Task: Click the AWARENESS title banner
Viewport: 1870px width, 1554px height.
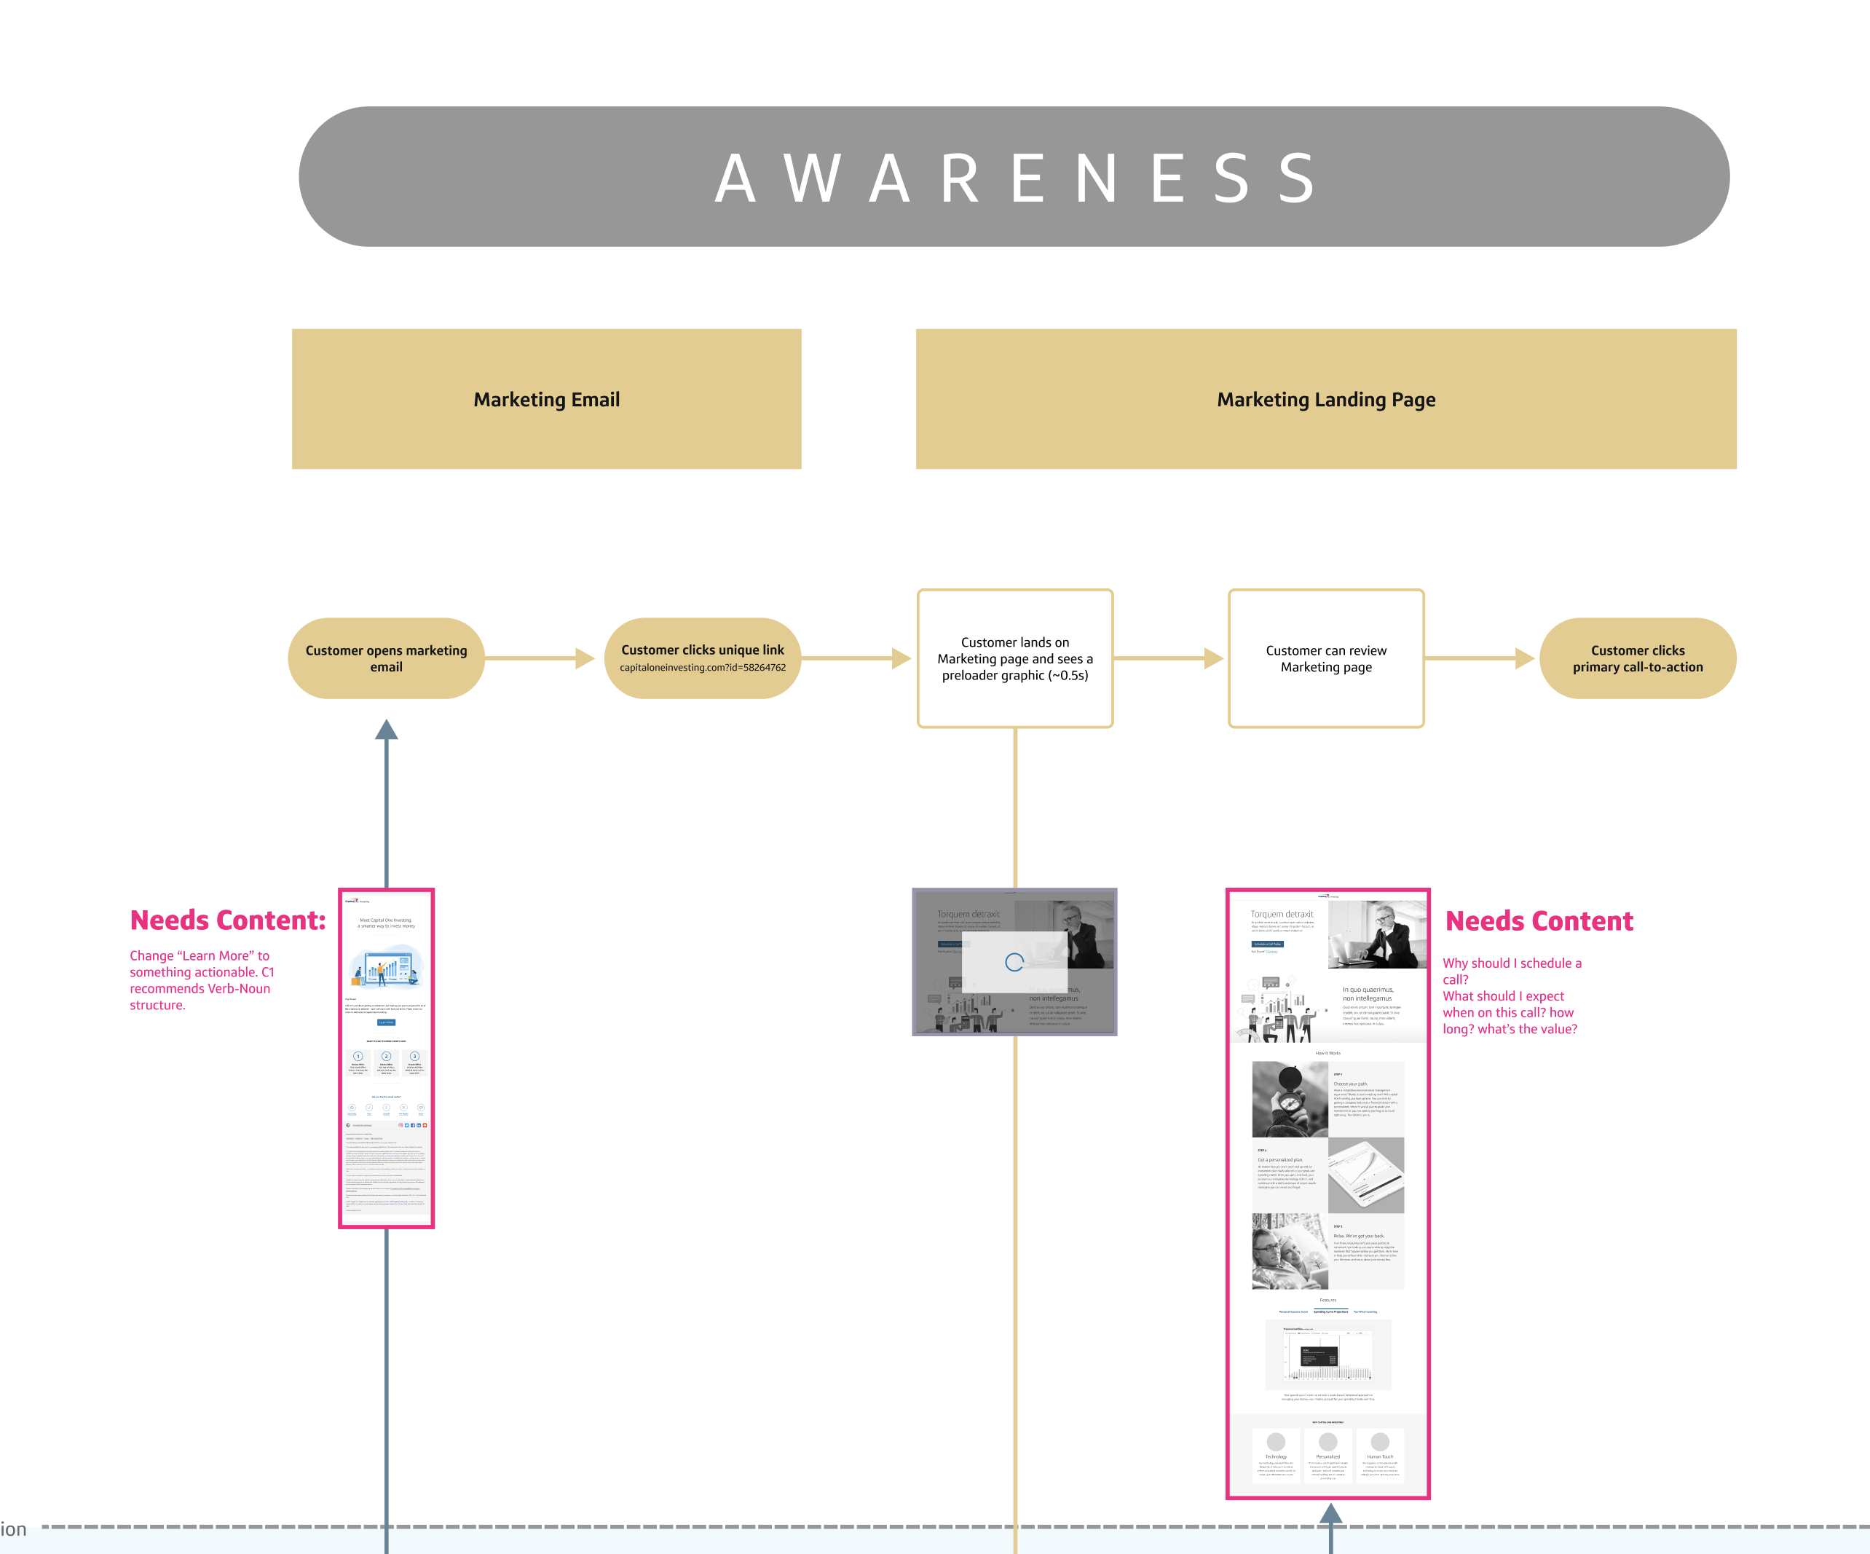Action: [1014, 176]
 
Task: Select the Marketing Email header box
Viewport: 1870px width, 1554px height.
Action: [546, 399]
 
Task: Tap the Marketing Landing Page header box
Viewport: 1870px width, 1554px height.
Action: [1325, 399]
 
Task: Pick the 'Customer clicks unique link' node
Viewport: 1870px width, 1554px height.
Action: [702, 650]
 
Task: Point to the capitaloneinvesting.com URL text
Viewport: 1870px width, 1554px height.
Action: [702, 668]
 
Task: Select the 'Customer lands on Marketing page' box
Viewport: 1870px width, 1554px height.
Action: [1014, 658]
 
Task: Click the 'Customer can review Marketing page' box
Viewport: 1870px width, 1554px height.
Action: [1325, 658]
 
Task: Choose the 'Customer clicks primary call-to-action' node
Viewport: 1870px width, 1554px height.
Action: [1637, 658]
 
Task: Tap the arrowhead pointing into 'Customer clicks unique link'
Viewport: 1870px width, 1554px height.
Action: [585, 658]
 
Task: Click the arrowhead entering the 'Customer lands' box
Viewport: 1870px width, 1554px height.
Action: [902, 658]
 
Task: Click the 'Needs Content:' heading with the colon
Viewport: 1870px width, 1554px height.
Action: [228, 920]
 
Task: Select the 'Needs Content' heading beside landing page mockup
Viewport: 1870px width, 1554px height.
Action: [1539, 921]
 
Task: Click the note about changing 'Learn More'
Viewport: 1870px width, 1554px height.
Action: [202, 979]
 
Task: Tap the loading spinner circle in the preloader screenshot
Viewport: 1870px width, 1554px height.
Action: [1014, 962]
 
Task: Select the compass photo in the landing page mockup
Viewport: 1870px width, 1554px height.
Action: [1290, 1099]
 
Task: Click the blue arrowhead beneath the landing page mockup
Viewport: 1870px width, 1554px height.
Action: [1330, 1513]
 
